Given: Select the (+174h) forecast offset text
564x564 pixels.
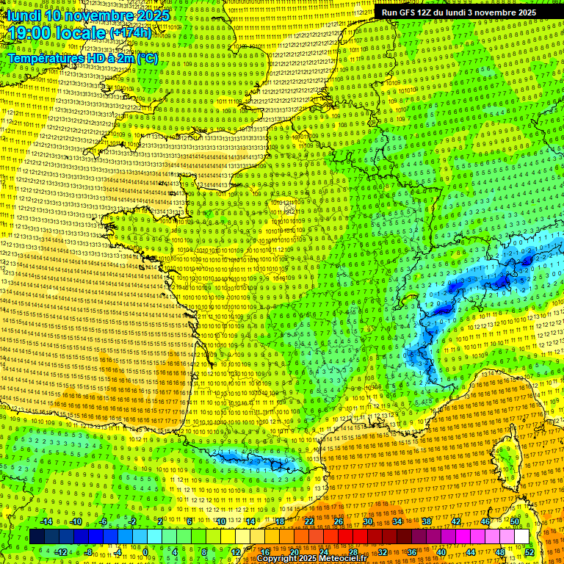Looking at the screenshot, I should (131, 33).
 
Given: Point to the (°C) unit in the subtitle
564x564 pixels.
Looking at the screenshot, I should (145, 57).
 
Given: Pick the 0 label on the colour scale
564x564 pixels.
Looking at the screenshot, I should (145, 552).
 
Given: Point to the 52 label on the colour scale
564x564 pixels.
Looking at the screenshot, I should (529, 552).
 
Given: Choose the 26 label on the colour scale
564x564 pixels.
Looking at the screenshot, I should (339, 521).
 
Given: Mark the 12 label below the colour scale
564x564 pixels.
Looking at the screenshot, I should (235, 552).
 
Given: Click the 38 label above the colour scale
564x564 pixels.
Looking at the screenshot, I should (427, 521).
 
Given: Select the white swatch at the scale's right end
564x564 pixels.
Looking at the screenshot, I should (521, 537).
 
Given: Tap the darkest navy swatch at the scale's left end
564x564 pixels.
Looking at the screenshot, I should (37, 537).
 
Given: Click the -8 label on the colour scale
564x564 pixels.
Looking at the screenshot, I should (88, 552).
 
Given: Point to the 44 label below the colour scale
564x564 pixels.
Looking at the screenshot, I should (470, 552).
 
